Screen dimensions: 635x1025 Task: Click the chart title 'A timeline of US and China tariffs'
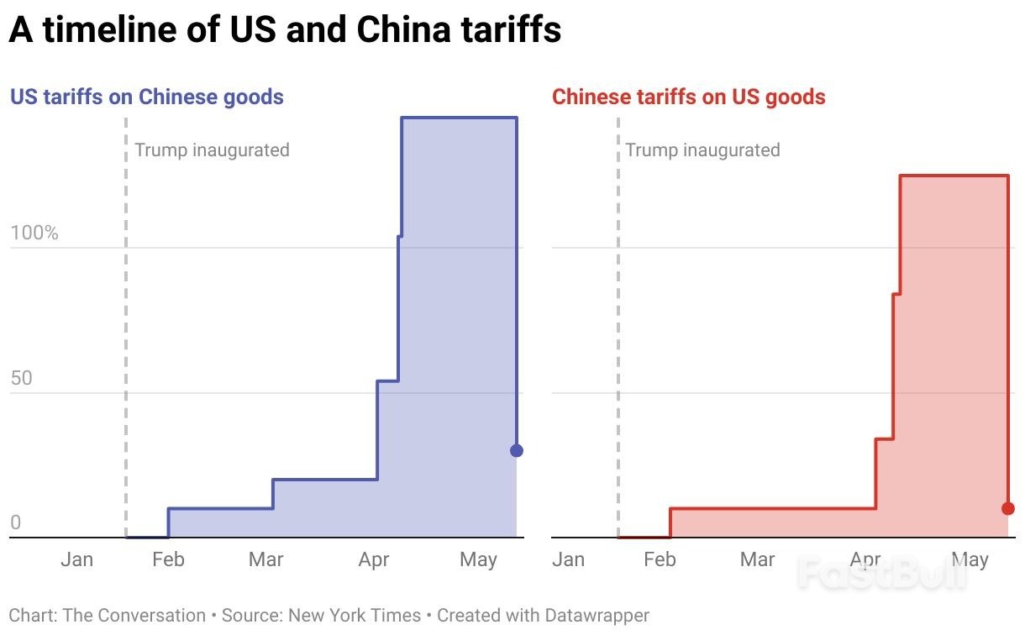284,30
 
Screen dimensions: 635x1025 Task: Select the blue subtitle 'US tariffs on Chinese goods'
146,97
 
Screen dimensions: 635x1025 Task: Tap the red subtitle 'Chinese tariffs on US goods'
688,97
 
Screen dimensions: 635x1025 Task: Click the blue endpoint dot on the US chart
517,451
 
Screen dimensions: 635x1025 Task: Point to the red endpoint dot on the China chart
1008,508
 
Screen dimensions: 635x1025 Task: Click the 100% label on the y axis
34,233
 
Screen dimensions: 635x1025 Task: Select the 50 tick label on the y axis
23,378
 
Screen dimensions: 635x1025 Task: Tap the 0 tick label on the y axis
15,522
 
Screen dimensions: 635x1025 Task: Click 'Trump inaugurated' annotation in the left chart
212,150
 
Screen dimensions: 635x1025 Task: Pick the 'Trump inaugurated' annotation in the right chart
702,150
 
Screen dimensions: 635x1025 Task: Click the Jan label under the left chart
76,559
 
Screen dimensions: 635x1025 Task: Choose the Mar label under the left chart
265,559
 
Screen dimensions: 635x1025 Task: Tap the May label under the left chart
478,559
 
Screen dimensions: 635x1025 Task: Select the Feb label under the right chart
660,559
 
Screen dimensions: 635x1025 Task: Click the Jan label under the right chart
568,559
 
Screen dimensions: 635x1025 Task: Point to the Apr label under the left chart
374,559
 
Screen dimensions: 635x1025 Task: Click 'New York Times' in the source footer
355,616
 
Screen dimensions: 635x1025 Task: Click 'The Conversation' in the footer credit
134,616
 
